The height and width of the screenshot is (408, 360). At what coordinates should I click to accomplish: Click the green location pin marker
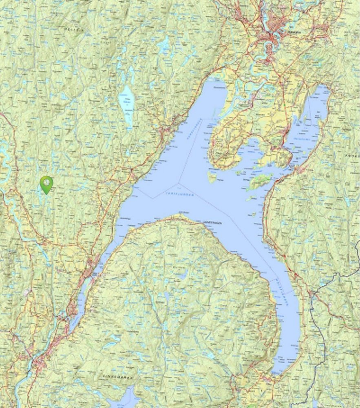47,184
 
